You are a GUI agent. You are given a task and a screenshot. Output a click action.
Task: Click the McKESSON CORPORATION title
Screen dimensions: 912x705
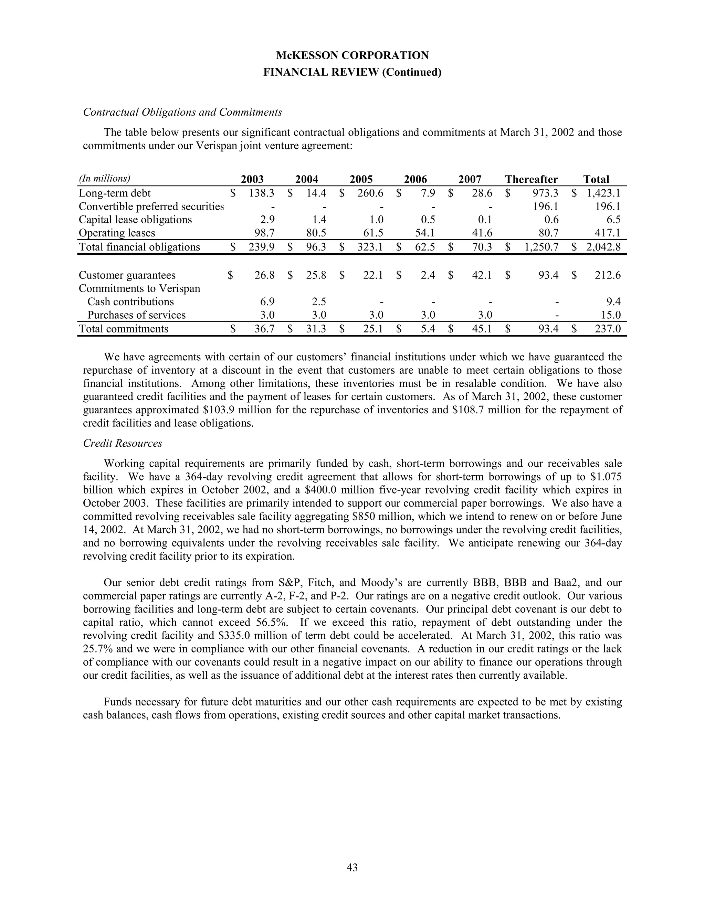click(352, 55)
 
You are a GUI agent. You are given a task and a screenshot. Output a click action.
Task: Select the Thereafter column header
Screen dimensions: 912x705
click(531, 180)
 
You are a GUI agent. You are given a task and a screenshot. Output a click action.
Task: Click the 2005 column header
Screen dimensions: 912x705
click(361, 180)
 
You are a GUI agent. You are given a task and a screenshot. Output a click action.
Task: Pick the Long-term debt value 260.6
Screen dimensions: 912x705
click(370, 193)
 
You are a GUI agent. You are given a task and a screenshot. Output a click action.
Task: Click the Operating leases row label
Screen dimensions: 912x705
click(117, 233)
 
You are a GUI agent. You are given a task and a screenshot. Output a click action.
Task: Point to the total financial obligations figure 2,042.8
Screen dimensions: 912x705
click(603, 247)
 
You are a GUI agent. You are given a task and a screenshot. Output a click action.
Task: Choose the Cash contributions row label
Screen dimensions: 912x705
click(130, 302)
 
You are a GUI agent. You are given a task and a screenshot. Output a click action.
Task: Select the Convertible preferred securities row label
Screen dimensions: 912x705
click(151, 207)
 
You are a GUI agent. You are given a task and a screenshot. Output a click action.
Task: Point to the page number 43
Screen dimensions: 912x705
click(352, 868)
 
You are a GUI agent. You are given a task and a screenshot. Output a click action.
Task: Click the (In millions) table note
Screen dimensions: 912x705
click(104, 179)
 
